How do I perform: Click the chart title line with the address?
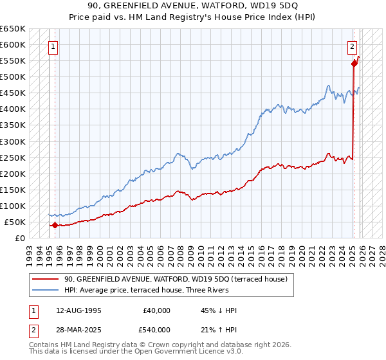(x=192, y=6)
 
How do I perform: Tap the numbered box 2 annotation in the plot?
(x=353, y=46)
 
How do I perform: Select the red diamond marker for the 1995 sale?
(x=55, y=225)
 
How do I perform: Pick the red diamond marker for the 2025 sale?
(x=354, y=64)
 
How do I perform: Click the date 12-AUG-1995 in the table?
(x=78, y=310)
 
